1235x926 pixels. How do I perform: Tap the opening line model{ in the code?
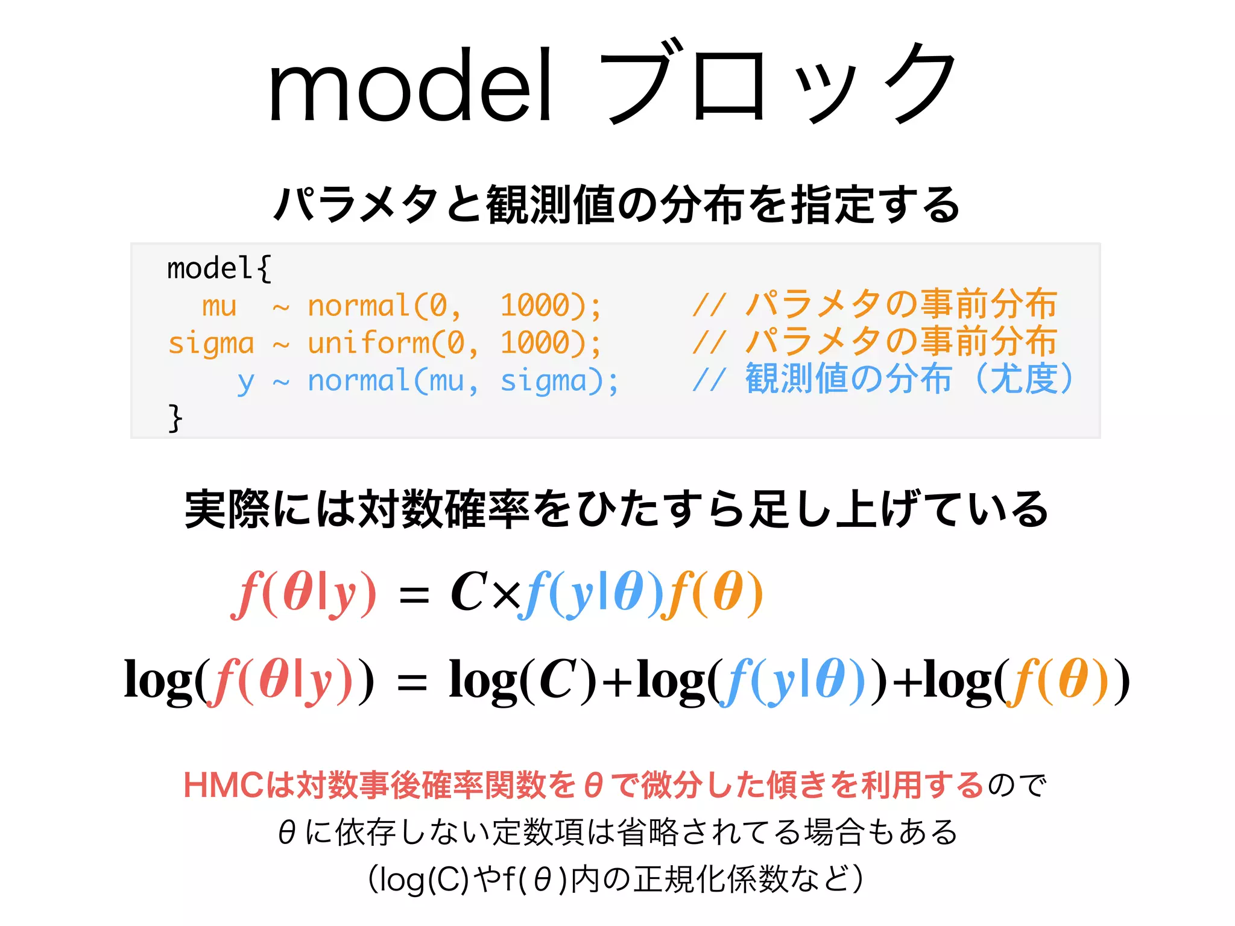[x=219, y=268]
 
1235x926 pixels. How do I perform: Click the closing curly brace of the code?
[x=175, y=418]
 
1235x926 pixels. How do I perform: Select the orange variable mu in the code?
[x=219, y=306]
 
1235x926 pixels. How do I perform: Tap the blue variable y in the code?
[x=245, y=382]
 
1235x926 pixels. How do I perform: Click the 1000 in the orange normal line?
[x=535, y=306]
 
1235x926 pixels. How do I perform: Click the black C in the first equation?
[x=469, y=593]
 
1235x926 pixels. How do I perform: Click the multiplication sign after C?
[x=505, y=596]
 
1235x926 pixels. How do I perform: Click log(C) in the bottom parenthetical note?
[x=419, y=880]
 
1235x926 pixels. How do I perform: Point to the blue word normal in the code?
[x=359, y=382]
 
